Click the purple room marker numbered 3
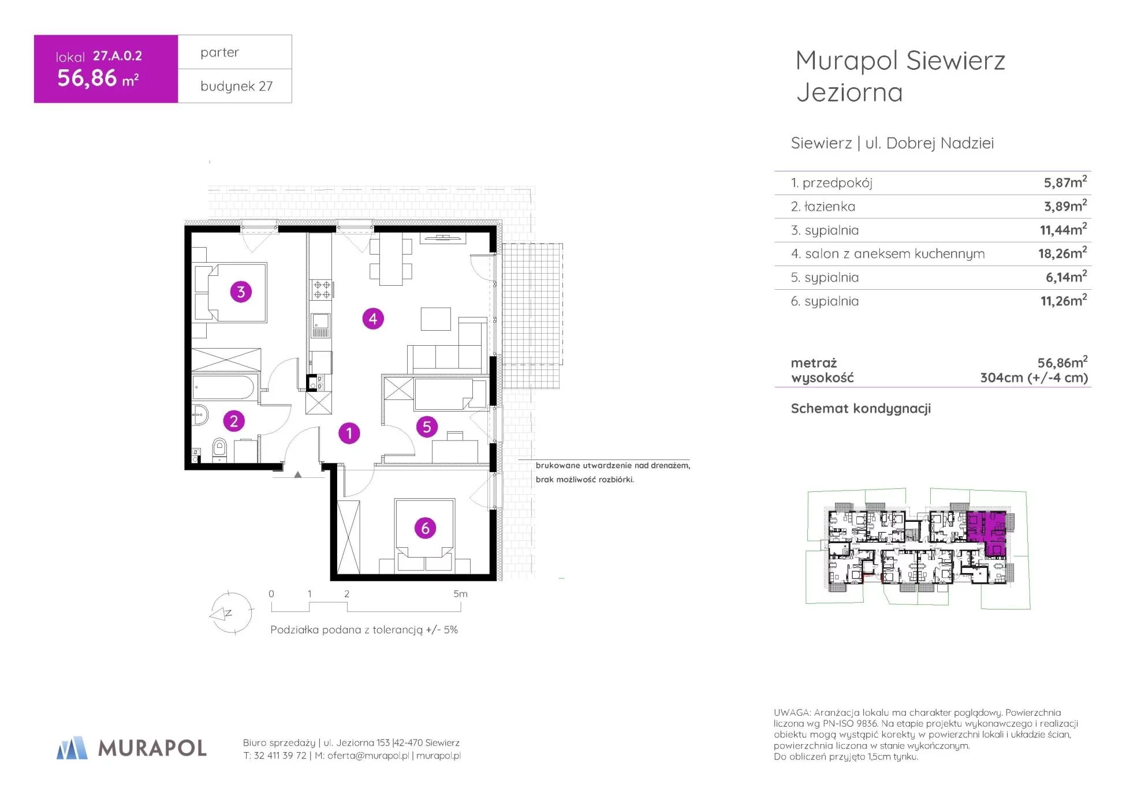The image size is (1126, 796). [x=241, y=292]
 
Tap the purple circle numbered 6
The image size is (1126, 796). [x=426, y=528]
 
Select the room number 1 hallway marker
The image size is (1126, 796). [x=349, y=433]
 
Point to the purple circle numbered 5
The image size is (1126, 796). [x=427, y=427]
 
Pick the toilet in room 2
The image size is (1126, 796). [x=219, y=449]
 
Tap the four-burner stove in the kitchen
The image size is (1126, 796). [x=322, y=290]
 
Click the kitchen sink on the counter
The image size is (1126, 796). [x=321, y=325]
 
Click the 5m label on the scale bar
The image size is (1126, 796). [x=460, y=594]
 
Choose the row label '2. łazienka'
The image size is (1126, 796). [x=823, y=207]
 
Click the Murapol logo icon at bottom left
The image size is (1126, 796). [x=72, y=748]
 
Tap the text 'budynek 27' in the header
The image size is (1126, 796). [x=236, y=86]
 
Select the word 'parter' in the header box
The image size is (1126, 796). [x=219, y=53]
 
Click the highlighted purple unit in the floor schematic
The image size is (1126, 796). [x=987, y=533]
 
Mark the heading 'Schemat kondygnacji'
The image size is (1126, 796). [x=861, y=409]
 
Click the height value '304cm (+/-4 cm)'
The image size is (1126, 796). [x=1034, y=378]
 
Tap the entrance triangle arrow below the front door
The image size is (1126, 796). [x=298, y=474]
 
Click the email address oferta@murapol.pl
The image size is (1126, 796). [x=368, y=756]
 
